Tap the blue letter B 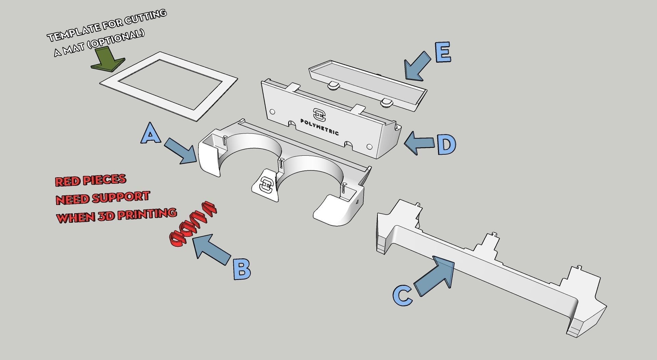(242, 269)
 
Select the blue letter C (403, 295)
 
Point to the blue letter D (446, 144)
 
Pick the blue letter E (443, 52)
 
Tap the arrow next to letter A (181, 151)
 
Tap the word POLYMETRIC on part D (320, 127)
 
